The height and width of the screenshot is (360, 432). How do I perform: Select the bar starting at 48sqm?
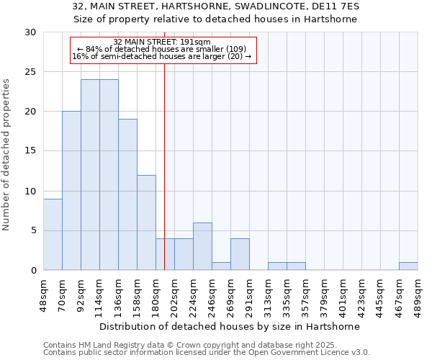click(53, 234)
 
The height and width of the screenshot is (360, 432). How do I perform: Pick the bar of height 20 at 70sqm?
click(71, 191)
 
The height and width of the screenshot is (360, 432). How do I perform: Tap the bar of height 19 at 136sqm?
click(127, 194)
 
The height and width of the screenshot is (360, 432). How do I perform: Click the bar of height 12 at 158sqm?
click(146, 222)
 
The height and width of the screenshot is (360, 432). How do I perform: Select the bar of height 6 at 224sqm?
click(202, 246)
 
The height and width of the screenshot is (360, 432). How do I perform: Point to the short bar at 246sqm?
click(221, 266)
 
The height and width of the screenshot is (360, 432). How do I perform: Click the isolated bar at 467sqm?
click(408, 266)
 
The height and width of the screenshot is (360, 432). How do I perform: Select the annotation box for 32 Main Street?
click(163, 50)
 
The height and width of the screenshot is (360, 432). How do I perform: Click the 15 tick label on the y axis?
click(31, 151)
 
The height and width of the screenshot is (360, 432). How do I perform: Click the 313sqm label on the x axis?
click(268, 297)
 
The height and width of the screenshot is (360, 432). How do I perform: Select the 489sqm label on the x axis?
click(418, 297)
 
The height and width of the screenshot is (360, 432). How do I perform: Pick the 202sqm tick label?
click(174, 297)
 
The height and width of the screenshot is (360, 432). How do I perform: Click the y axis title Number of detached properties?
click(6, 155)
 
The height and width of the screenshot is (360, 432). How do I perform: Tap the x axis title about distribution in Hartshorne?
click(230, 326)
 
